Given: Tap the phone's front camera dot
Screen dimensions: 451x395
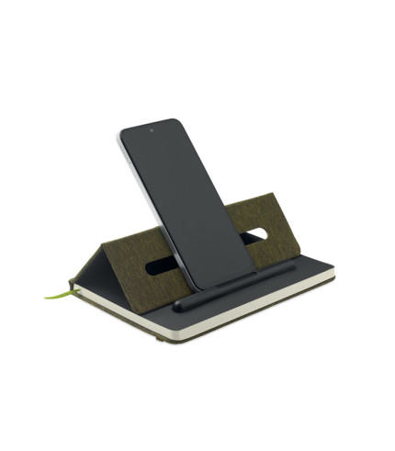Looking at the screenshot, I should tap(152, 130).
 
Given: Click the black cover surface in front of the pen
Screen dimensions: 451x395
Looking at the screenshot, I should tap(230, 303).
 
